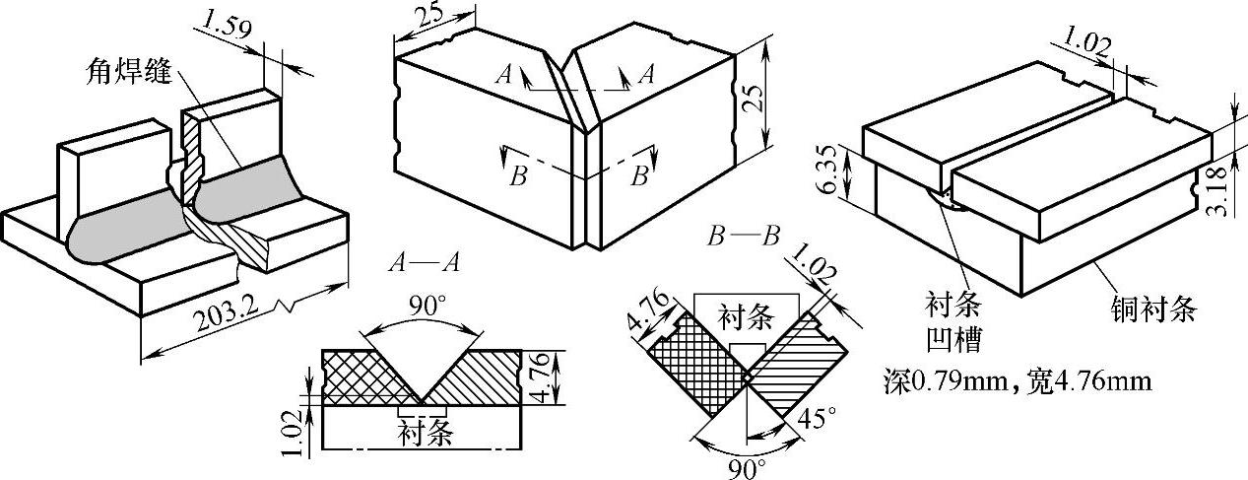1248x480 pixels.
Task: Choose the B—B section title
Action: click(x=744, y=237)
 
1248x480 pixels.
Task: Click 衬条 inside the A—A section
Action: click(x=423, y=431)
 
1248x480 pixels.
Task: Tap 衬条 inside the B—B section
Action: click(x=745, y=317)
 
